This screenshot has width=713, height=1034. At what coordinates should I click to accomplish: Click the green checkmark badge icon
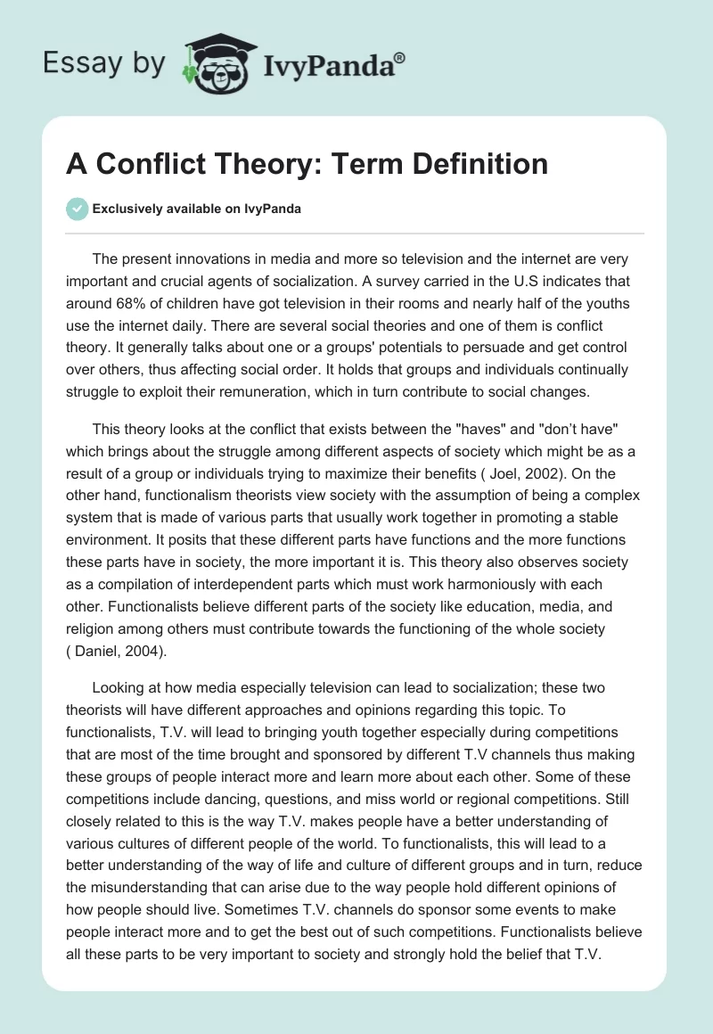pyautogui.click(x=78, y=209)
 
